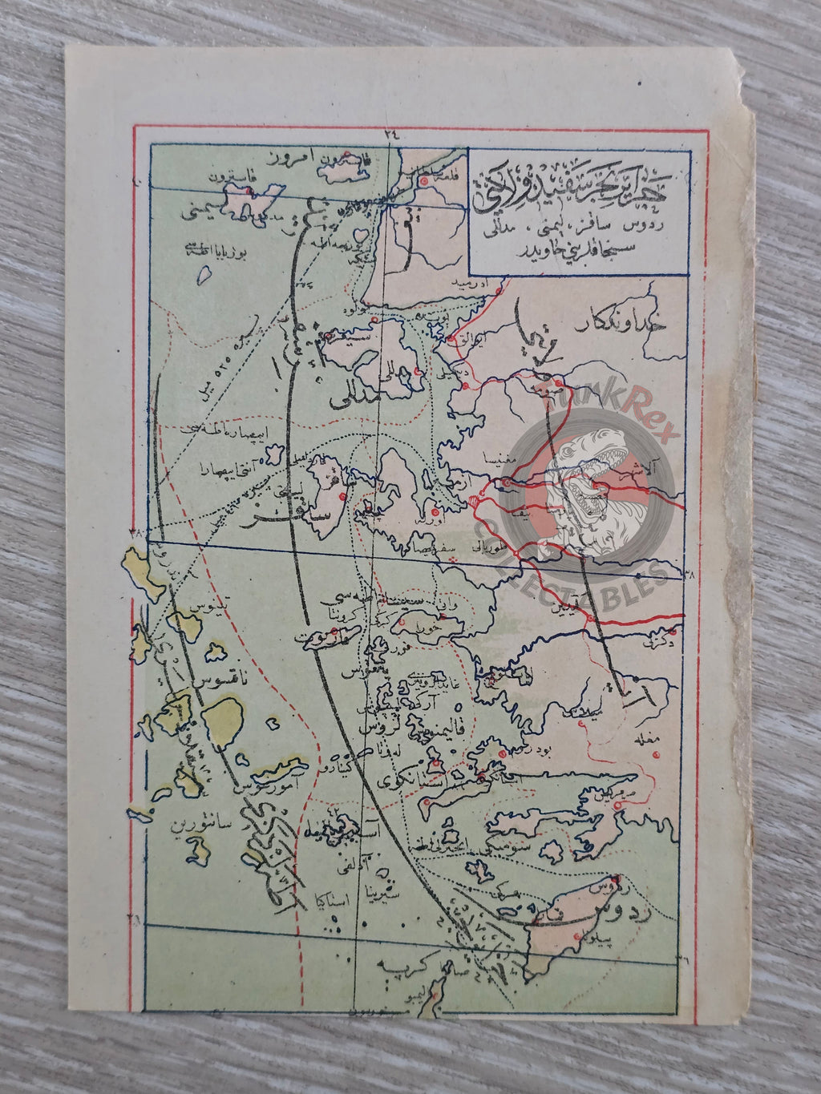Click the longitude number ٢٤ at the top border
coord(390,135)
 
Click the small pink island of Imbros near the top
coord(345,158)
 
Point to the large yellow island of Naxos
coord(222,726)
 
